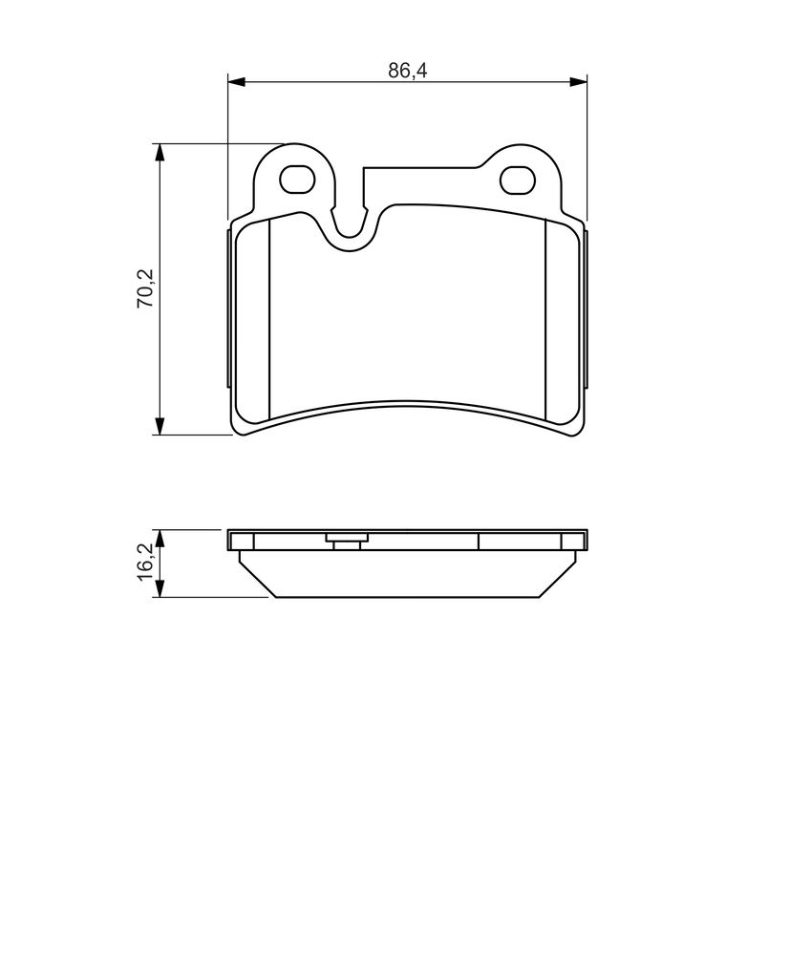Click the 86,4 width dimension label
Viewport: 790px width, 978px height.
tap(408, 71)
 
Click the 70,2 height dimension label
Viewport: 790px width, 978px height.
tap(145, 288)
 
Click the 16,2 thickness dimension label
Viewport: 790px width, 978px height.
tap(145, 563)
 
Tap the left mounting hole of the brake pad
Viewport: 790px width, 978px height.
tap(296, 181)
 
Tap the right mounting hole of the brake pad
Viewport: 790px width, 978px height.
tap(518, 181)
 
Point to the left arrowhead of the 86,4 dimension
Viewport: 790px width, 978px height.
tap(237, 81)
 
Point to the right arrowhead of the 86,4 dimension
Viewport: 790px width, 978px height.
tap(578, 81)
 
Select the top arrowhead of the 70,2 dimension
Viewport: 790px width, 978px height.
tap(160, 153)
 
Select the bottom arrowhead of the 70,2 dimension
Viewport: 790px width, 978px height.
tap(160, 425)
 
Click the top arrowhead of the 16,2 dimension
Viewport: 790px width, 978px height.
tap(160, 540)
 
